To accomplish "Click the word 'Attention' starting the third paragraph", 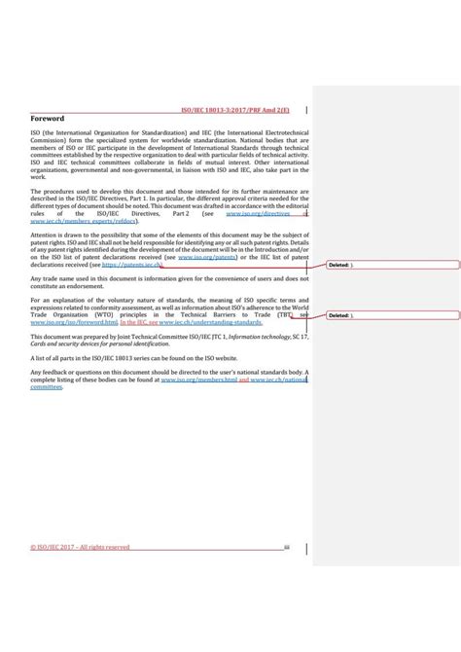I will (x=47, y=236).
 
